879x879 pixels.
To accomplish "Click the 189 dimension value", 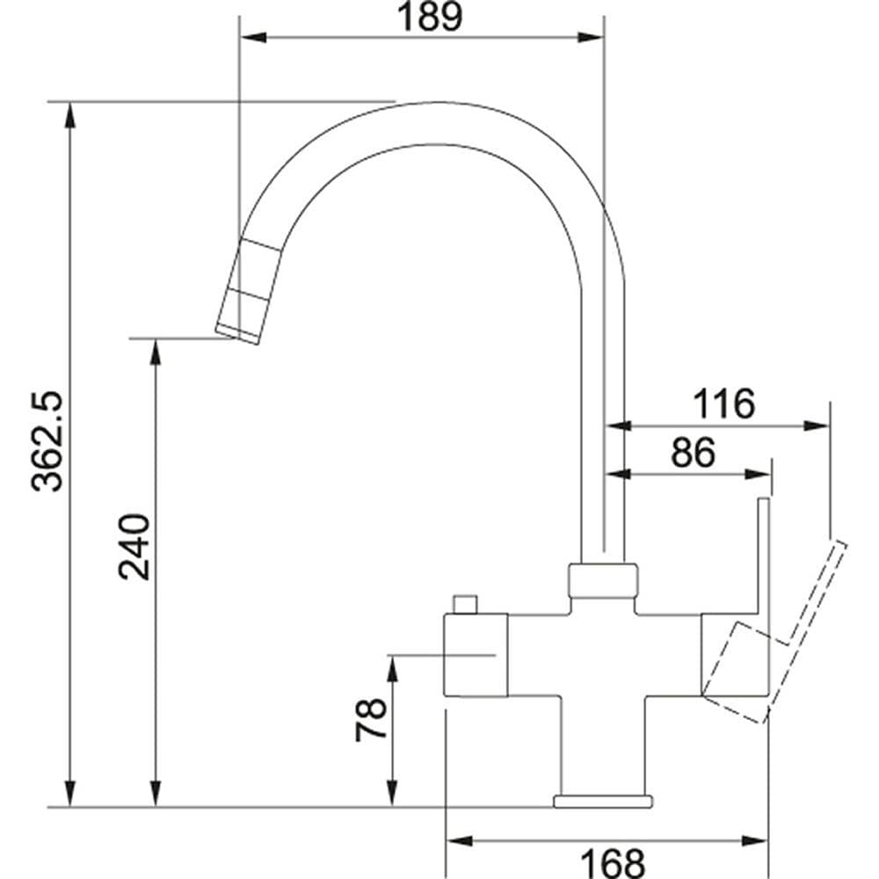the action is click(x=430, y=17).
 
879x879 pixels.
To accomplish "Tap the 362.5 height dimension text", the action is click(x=47, y=442).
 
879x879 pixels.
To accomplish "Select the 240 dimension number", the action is click(x=134, y=547).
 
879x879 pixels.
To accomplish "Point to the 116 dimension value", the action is click(x=723, y=403).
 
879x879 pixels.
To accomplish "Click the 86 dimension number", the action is click(x=694, y=452).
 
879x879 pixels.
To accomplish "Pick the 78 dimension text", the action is click(x=371, y=721).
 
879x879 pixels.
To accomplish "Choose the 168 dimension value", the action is click(x=612, y=863).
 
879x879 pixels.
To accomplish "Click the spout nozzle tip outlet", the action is click(x=237, y=334).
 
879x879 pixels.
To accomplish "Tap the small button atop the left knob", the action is click(x=465, y=605).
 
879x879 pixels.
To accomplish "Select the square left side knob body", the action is click(x=476, y=656).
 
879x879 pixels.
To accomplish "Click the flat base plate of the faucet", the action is click(x=603, y=801).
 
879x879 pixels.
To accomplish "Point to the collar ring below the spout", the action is click(x=603, y=579).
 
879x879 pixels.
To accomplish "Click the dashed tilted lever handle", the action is click(x=774, y=633).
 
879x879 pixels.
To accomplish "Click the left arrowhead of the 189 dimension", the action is click(x=252, y=38).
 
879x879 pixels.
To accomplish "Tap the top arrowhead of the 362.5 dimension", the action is click(x=70, y=115).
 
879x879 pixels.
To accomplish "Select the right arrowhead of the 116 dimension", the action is click(x=817, y=426).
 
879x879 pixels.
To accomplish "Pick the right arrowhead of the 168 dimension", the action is click(x=754, y=841).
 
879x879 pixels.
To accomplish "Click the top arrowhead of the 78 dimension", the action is click(x=392, y=668).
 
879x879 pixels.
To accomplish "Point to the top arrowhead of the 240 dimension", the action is click(x=156, y=352).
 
